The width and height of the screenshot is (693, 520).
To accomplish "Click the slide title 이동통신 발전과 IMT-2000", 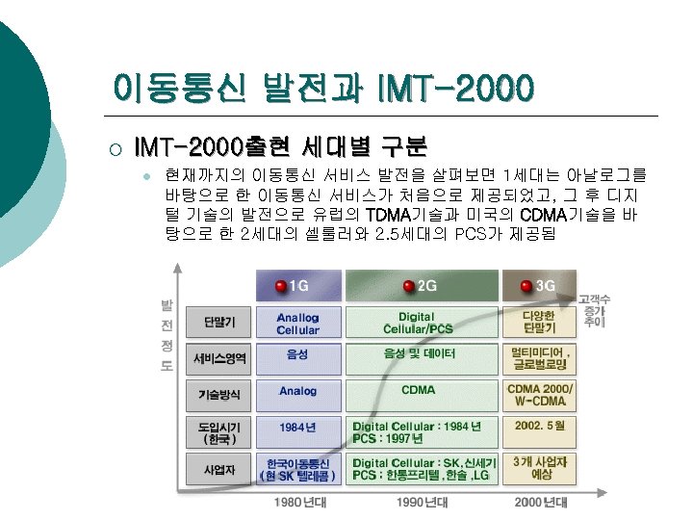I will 322,89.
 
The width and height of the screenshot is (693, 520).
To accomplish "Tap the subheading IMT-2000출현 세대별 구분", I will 280,147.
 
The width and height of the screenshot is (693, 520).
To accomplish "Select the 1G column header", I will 297,286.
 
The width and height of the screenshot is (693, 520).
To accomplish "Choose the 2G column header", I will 422,286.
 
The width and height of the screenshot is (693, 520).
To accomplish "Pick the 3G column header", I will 538,286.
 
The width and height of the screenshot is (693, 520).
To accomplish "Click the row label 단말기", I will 219,322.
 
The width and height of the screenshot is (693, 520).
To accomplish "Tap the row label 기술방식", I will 219,395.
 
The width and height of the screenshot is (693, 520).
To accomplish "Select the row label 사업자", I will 219,470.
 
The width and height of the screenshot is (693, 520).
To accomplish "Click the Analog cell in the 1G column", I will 297,391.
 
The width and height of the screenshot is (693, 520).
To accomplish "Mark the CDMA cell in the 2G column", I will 418,390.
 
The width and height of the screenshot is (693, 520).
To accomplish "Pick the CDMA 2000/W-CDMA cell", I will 540,394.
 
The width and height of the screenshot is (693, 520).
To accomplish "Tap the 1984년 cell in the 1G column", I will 297,426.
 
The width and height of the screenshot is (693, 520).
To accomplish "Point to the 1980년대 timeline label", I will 299,502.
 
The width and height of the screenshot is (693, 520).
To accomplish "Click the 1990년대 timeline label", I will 421,502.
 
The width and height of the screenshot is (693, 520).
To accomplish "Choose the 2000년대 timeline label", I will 539,502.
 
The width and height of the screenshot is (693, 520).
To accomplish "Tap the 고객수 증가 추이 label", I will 600,312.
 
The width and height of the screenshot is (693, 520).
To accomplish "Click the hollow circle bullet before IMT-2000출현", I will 114,148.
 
